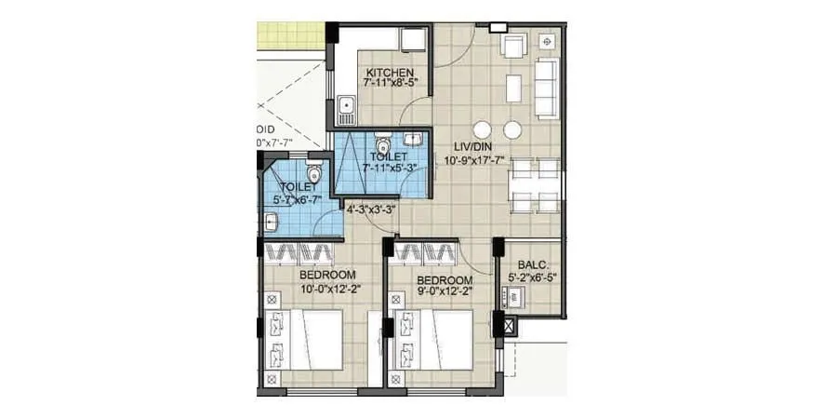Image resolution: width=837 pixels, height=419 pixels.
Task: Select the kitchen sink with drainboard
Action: (x=346, y=111)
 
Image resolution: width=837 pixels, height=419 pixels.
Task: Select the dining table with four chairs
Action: (x=537, y=184)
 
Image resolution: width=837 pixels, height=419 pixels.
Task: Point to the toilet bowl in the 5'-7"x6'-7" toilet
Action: (x=313, y=173)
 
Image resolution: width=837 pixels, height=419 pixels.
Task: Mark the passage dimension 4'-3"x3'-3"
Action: (x=371, y=209)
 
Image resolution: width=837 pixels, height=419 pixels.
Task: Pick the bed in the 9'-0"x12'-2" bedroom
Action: (x=433, y=341)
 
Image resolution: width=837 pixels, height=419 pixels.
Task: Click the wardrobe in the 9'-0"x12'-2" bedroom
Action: (x=426, y=252)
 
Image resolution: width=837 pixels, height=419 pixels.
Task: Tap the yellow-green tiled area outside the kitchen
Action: (x=291, y=35)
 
